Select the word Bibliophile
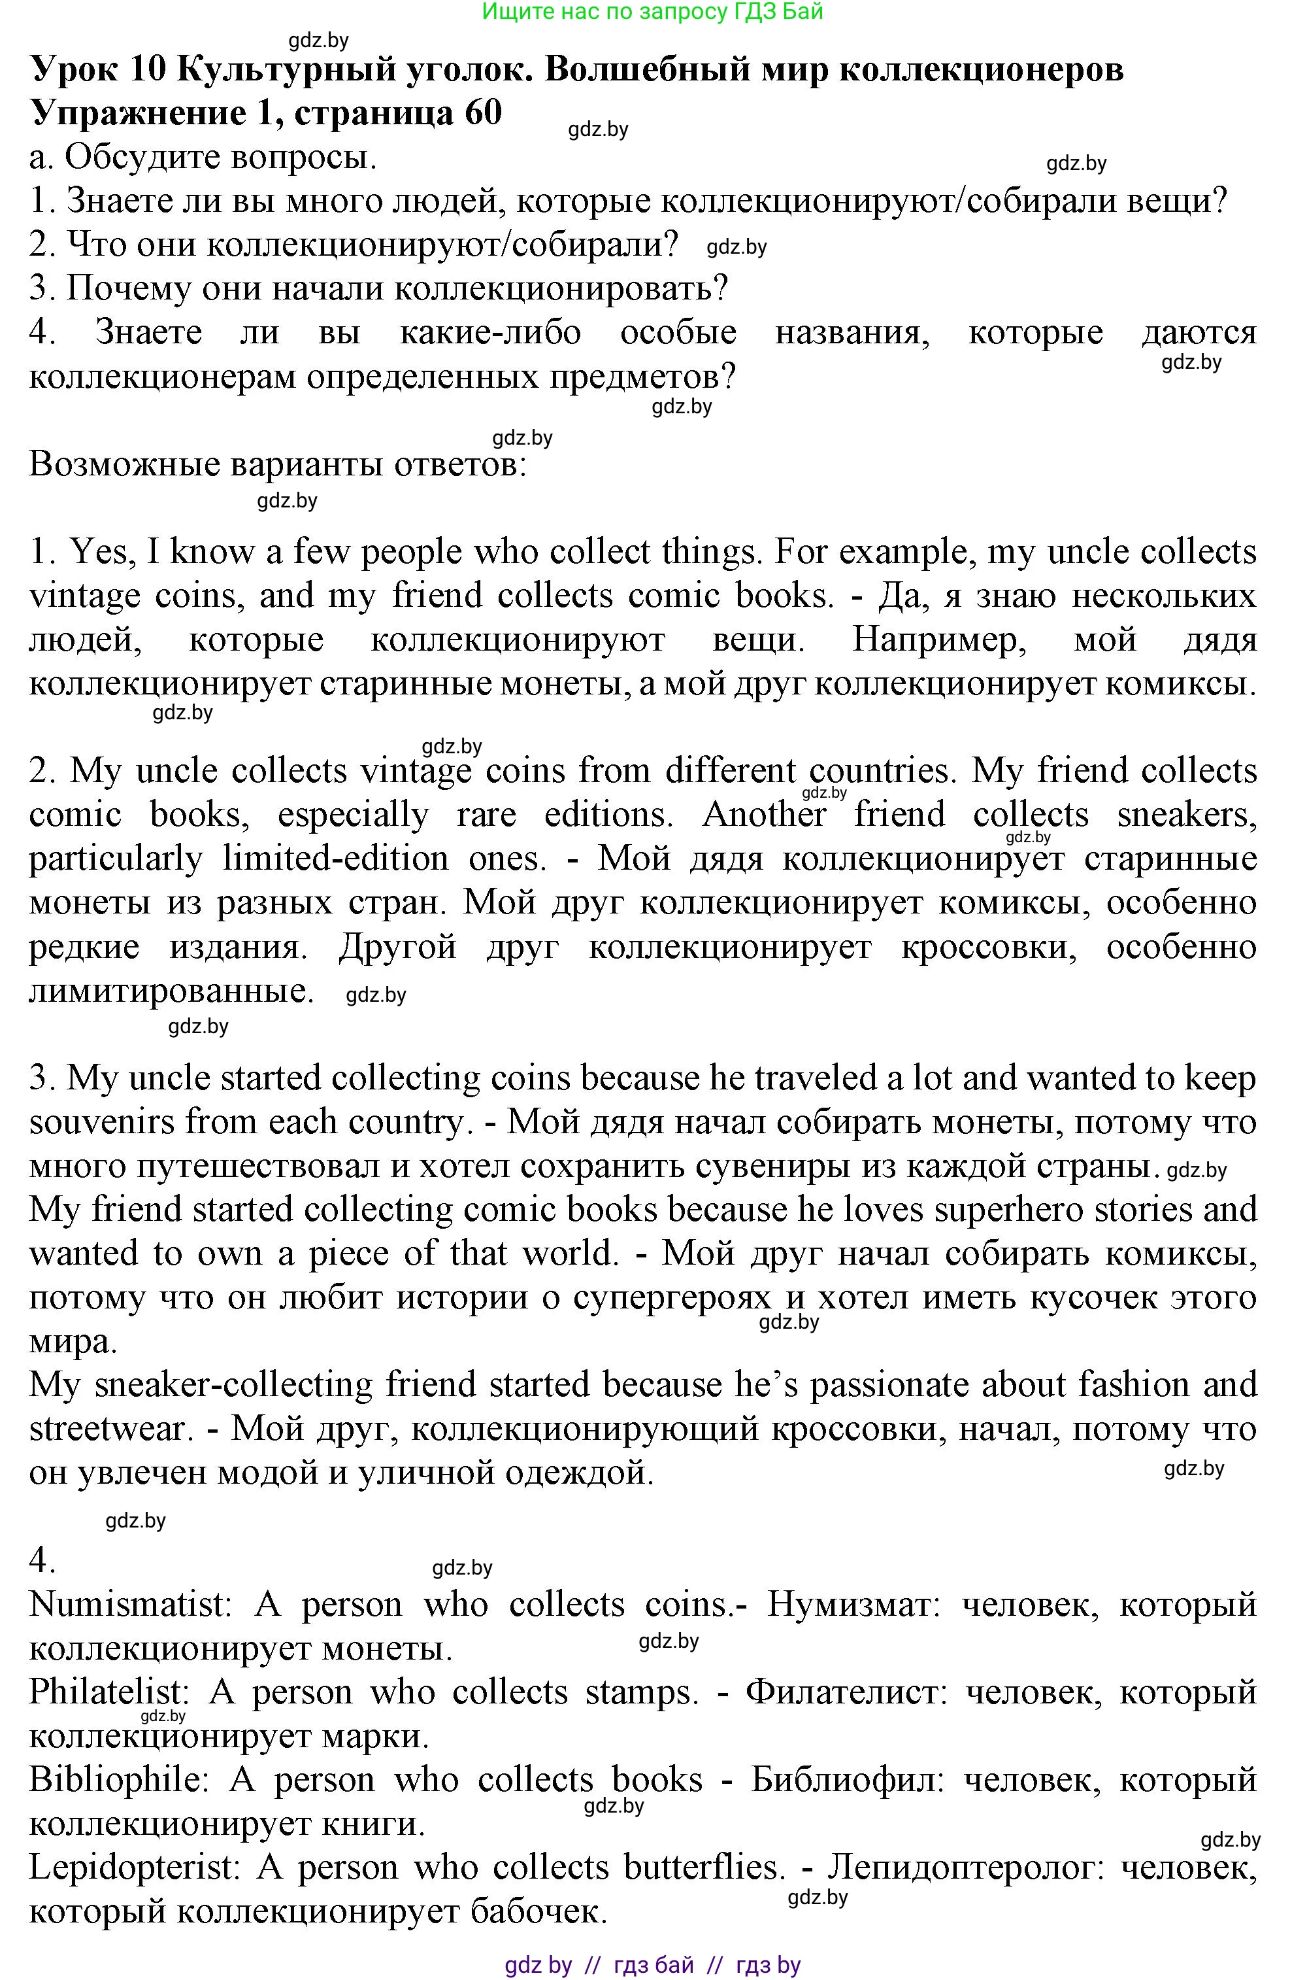coord(118,1780)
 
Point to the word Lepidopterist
coord(133,1868)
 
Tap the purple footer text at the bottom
coord(653,1964)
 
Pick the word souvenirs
coord(102,1122)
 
